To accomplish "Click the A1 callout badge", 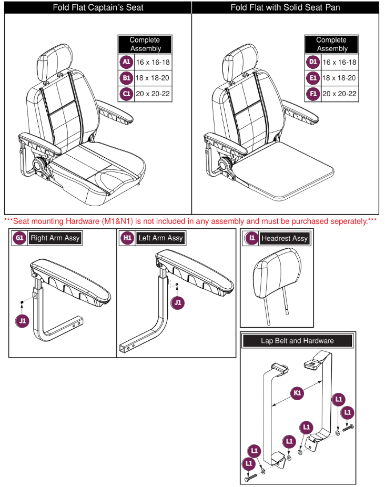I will (x=126, y=62).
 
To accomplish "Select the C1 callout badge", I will (x=126, y=95).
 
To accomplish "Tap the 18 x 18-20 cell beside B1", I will (x=153, y=78).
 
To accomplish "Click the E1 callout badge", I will (x=312, y=78).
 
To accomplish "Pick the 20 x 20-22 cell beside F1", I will (x=340, y=95).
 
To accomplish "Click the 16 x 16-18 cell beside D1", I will (x=340, y=62).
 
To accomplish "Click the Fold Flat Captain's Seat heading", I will (x=98, y=7).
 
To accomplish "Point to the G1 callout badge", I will (x=19, y=238).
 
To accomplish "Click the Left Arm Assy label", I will (x=160, y=238).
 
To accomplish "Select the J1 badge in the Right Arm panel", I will (x=22, y=319).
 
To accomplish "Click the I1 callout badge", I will (x=251, y=238).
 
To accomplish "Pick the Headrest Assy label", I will (x=284, y=238).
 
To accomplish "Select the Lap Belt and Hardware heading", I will (x=297, y=341).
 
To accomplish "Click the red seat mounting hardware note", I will (x=190, y=221).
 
